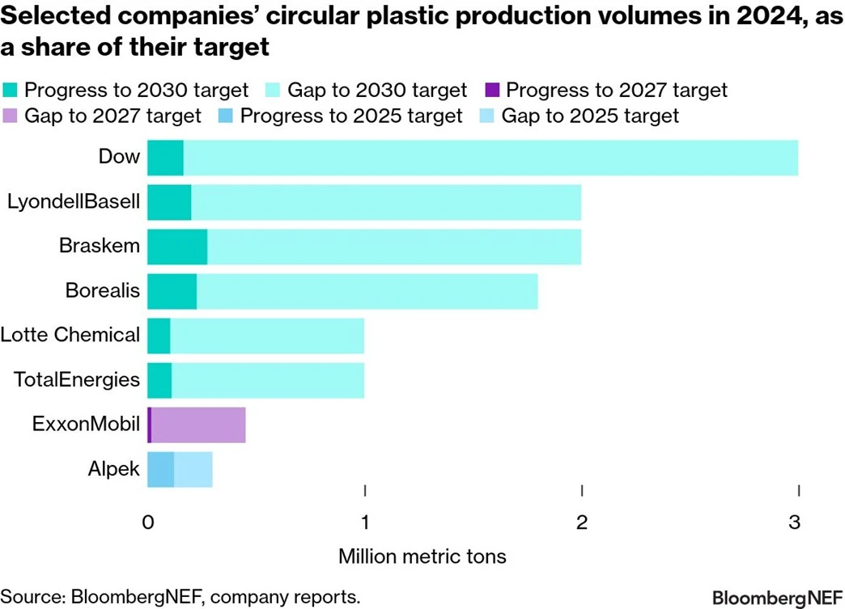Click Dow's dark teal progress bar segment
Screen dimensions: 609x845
165,158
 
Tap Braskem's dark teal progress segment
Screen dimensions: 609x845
177,247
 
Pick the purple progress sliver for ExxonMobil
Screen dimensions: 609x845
150,425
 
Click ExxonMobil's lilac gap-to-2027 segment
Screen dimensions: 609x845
198,425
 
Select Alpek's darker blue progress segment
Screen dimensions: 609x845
160,469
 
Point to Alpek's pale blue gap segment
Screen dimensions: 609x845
193,469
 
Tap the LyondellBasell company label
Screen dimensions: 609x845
73,202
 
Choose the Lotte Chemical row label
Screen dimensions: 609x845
70,335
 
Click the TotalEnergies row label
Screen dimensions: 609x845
77,379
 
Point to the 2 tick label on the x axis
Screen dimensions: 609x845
582,522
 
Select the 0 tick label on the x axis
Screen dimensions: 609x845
148,522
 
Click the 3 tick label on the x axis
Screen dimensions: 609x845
799,522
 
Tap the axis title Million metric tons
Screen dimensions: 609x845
422,556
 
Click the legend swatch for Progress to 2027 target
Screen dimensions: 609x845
492,90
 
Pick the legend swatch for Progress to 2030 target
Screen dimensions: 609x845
11,90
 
